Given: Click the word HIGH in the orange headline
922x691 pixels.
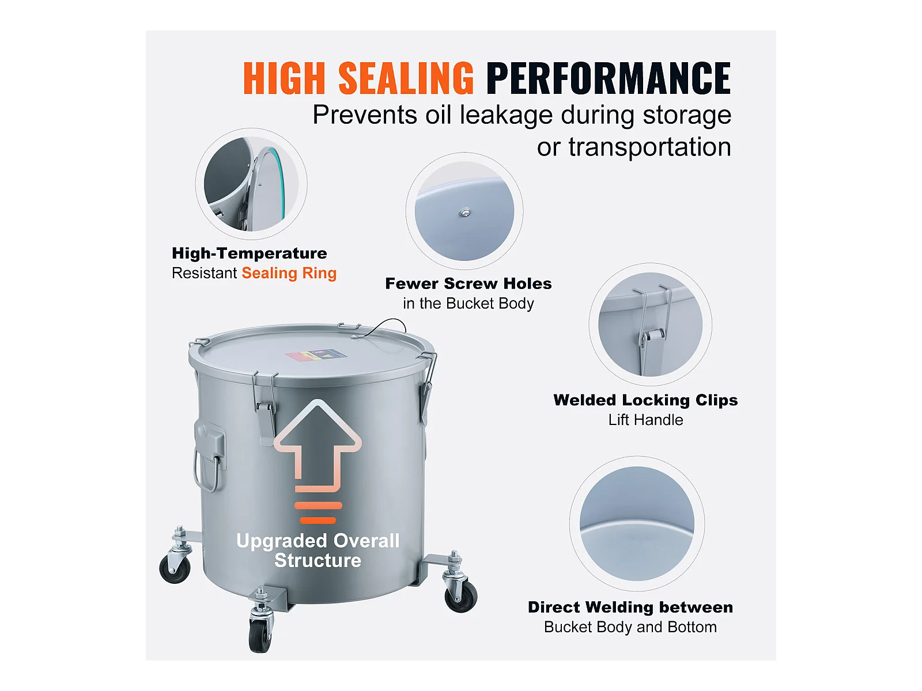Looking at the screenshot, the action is pyautogui.click(x=284, y=78).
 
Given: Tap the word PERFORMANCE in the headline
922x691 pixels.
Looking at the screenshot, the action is pyautogui.click(x=609, y=78).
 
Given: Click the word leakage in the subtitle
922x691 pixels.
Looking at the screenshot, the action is pyautogui.click(x=506, y=116).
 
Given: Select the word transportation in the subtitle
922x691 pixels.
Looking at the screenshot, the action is pyautogui.click(x=650, y=147).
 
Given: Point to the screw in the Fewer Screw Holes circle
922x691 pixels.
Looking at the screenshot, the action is pyautogui.click(x=465, y=213).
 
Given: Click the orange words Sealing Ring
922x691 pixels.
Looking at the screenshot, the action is pyautogui.click(x=289, y=273).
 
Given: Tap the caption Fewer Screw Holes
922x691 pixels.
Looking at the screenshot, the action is pyautogui.click(x=468, y=284).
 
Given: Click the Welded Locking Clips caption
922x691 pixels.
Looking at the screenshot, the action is pyautogui.click(x=645, y=400).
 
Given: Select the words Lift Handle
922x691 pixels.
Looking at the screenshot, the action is pyautogui.click(x=645, y=420).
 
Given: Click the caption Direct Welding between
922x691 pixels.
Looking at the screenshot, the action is pyautogui.click(x=630, y=608).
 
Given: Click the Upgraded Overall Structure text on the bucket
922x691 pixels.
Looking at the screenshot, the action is pyautogui.click(x=318, y=550).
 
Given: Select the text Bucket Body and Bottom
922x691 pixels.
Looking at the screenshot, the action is pyautogui.click(x=630, y=627).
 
